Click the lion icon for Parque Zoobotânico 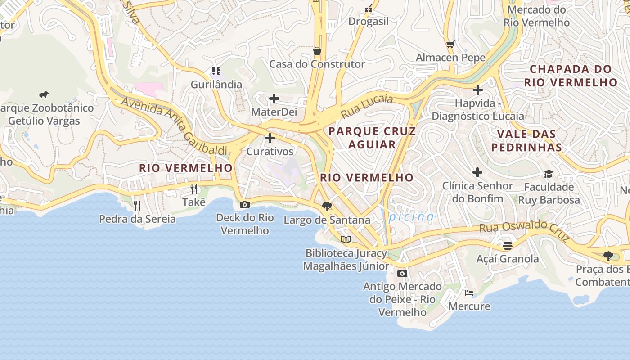(x=44, y=95)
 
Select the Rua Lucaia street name (x=367, y=106)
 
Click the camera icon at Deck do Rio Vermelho (x=244, y=204)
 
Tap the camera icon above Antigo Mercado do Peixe (x=402, y=273)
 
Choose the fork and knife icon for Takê (x=194, y=189)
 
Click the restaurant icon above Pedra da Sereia (x=137, y=206)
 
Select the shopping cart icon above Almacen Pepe (x=450, y=44)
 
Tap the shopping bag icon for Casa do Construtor (x=317, y=50)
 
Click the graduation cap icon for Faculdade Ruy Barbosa (x=549, y=174)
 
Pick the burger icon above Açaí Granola (x=508, y=245)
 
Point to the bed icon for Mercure (x=469, y=293)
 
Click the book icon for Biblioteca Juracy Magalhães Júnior (x=346, y=239)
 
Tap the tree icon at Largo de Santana (x=327, y=207)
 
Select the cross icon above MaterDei (x=274, y=99)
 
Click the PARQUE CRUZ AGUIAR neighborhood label (x=372, y=138)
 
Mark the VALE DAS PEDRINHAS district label (x=526, y=140)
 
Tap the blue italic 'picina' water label (x=411, y=217)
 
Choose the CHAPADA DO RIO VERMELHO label (x=570, y=76)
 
